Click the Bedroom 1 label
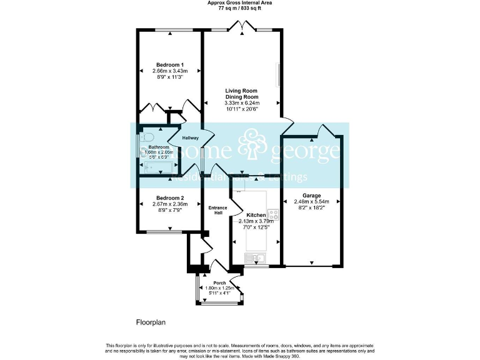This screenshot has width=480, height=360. pyautogui.click(x=170, y=65)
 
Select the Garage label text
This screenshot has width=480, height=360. pyautogui.click(x=311, y=194)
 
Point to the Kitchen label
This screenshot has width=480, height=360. pyautogui.click(x=256, y=215)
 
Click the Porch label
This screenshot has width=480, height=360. pyautogui.click(x=219, y=283)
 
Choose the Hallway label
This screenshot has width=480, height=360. pyautogui.click(x=190, y=138)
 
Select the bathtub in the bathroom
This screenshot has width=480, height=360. pyautogui.click(x=158, y=167)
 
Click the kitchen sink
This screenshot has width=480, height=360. pyautogui.click(x=256, y=257)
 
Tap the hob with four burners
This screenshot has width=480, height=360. pyautogui.click(x=273, y=217)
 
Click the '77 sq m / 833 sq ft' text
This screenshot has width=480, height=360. pyautogui.click(x=239, y=9)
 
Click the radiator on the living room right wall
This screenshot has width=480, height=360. pyautogui.click(x=278, y=75)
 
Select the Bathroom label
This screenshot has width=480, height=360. pyautogui.click(x=159, y=147)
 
